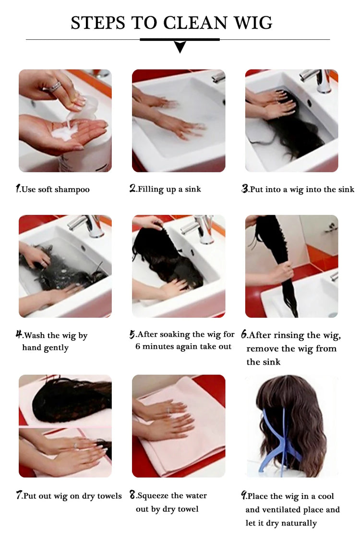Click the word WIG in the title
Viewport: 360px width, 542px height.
tap(253, 23)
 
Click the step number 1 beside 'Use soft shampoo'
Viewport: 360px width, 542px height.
tap(18, 189)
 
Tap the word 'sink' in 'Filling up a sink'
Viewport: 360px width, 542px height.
tap(193, 189)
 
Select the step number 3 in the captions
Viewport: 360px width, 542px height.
tap(245, 189)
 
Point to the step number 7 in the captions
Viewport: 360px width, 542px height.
tap(19, 495)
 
